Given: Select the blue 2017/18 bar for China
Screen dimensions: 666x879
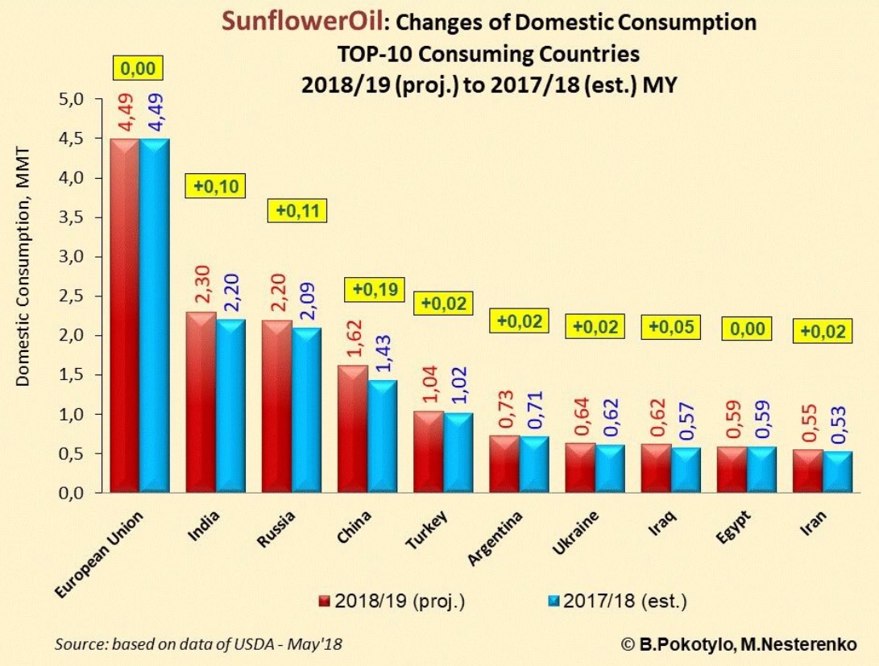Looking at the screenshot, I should click(x=381, y=436).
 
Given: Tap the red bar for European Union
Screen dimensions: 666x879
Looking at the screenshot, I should click(x=125, y=314).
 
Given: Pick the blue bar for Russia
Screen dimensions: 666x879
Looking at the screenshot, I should click(x=305, y=410).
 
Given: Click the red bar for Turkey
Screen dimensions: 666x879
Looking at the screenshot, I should click(x=429, y=451).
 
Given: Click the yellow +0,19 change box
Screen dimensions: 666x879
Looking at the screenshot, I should click(x=373, y=291).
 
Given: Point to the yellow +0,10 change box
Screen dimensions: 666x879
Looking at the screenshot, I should click(x=216, y=186).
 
